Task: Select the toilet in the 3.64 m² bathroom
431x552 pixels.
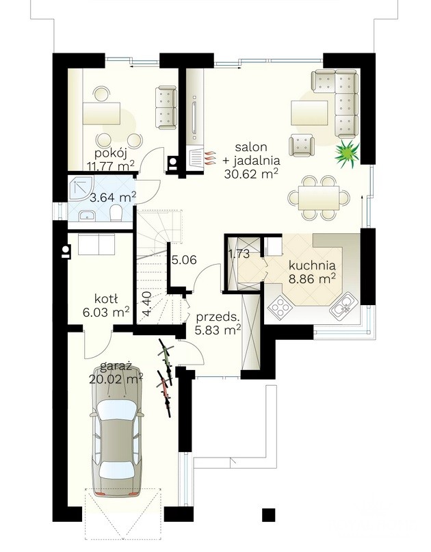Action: pos(116,213)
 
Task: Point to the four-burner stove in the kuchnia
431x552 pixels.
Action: pos(280,307)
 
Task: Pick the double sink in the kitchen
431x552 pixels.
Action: pos(343,305)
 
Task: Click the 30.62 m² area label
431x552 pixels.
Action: pos(251,174)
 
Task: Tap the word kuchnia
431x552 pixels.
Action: pos(312,265)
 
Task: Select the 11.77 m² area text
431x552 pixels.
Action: pos(111,165)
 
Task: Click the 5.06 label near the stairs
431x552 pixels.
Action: pos(184,260)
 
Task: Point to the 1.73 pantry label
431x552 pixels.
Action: pos(239,254)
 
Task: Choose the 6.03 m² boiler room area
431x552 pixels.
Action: pos(106,312)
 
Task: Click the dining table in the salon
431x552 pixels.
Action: pos(319,198)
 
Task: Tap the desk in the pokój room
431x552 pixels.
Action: pos(102,114)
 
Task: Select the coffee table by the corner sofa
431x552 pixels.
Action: pos(309,113)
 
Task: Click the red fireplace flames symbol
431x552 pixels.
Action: pos(209,159)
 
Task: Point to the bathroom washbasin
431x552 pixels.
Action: pos(86,215)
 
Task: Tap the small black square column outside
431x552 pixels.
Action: pos(269,515)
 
